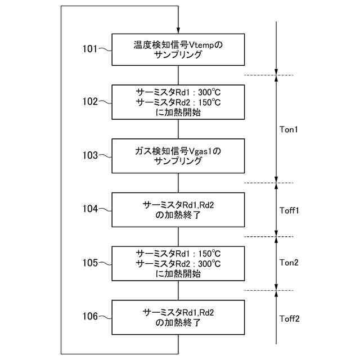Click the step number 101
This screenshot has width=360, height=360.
click(x=89, y=48)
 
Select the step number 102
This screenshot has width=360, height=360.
click(x=90, y=102)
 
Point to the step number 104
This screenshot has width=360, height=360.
click(x=90, y=209)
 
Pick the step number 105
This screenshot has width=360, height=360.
click(x=90, y=263)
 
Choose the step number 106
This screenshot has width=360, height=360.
click(x=90, y=317)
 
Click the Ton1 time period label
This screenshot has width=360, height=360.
click(x=289, y=129)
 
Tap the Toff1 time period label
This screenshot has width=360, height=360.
click(x=290, y=210)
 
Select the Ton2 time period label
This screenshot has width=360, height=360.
click(x=289, y=263)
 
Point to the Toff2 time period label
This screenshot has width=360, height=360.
click(x=290, y=318)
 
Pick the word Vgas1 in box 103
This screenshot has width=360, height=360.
click(x=201, y=151)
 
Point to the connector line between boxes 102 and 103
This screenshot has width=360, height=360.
click(x=178, y=129)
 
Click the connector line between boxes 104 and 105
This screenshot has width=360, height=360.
click(x=178, y=236)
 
